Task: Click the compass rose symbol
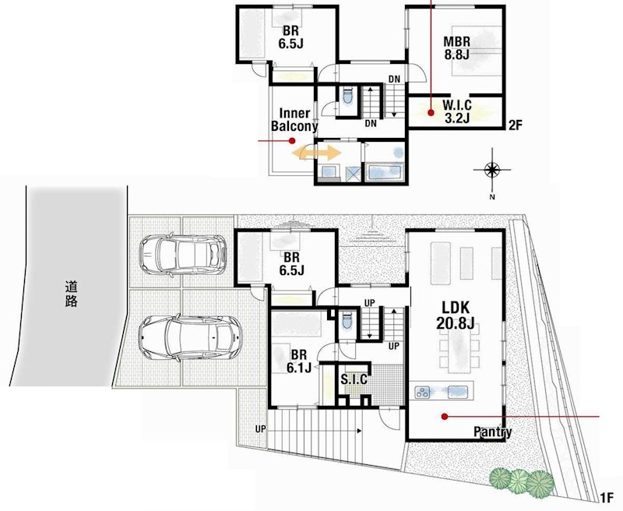[492, 171]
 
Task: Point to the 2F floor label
[515, 125]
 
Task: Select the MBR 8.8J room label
[456, 48]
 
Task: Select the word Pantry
[493, 432]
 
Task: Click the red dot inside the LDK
[444, 417]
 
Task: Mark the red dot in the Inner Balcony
[291, 141]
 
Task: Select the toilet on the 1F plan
[346, 320]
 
